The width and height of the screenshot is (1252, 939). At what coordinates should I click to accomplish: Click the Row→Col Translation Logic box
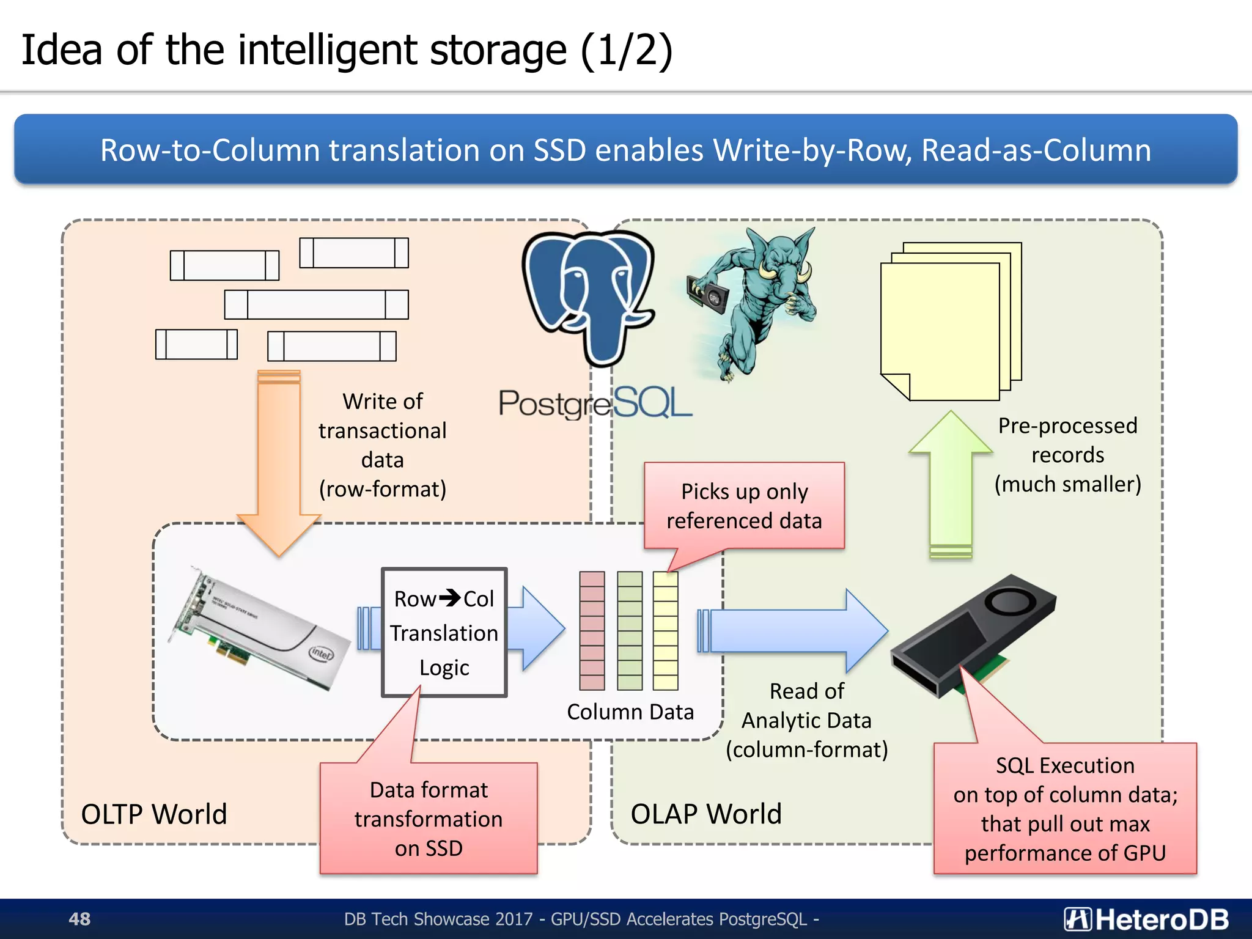[x=444, y=633]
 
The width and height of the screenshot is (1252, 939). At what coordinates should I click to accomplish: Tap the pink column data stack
[x=592, y=631]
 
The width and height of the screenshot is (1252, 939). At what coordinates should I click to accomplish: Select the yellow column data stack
[x=665, y=631]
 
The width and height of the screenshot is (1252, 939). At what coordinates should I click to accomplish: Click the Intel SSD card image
[x=260, y=630]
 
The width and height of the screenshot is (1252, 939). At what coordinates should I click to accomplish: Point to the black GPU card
[x=972, y=636]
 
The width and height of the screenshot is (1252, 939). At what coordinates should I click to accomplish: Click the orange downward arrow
[x=279, y=458]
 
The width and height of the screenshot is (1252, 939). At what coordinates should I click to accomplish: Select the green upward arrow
[x=951, y=483]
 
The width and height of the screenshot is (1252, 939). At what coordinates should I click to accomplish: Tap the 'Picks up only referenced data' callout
[x=744, y=506]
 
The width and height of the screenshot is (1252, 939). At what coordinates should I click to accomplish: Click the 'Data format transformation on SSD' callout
[x=429, y=819]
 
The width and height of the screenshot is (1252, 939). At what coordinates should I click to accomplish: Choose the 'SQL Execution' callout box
[x=1065, y=809]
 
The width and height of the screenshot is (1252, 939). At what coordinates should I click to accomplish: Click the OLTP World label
[x=154, y=814]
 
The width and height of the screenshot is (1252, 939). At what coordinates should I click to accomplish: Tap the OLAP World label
[x=706, y=814]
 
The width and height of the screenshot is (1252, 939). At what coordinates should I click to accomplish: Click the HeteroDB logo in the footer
[x=1146, y=919]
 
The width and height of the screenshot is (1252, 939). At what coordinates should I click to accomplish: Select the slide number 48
[x=79, y=919]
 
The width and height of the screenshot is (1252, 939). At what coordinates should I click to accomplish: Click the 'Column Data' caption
[x=630, y=712]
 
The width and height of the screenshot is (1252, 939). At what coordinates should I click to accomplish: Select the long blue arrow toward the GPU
[x=795, y=631]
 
